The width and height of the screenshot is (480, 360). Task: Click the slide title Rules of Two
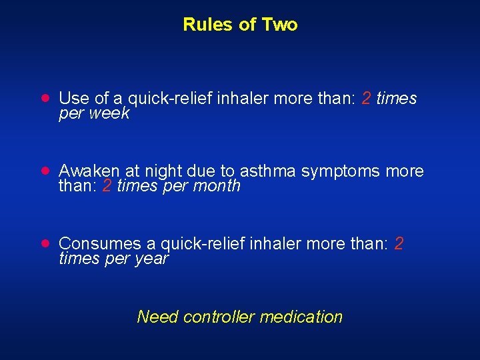tap(240, 25)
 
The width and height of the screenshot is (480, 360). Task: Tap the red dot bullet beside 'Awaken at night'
tap(44, 171)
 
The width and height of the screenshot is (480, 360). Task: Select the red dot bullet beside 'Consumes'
tap(44, 244)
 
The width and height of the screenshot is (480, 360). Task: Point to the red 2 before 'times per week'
tap(366, 99)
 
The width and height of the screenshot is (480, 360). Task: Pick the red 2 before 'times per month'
tap(107, 186)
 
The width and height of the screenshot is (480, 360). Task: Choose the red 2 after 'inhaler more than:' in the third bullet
tap(399, 244)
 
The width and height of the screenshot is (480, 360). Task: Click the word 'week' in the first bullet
tap(111, 113)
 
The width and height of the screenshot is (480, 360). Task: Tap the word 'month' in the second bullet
tap(217, 186)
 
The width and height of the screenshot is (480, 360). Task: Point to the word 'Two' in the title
tap(280, 25)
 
